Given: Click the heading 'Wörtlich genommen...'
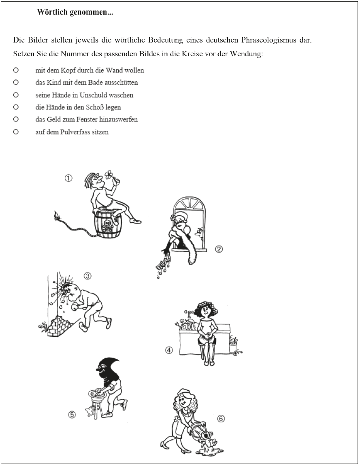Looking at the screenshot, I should pyautogui.click(x=75, y=13).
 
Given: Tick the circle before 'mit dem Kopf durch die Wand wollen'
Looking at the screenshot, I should pyautogui.click(x=16, y=70).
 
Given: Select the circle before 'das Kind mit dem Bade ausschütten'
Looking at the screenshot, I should pyautogui.click(x=16, y=82).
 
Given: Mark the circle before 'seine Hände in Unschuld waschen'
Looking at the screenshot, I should pyautogui.click(x=16, y=95).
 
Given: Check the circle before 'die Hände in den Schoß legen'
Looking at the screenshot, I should pyautogui.click(x=16, y=107).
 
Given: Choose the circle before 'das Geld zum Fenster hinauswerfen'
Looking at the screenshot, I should pyautogui.click(x=16, y=119).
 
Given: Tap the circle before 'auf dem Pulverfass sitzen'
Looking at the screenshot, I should pyautogui.click(x=16, y=132).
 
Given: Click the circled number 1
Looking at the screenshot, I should pyautogui.click(x=68, y=178).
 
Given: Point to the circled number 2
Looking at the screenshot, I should pyautogui.click(x=219, y=249).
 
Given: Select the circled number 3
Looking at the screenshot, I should pyautogui.click(x=87, y=276).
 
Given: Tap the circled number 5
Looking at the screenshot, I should pyautogui.click(x=72, y=415).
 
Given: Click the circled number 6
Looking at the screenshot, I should pyautogui.click(x=221, y=419).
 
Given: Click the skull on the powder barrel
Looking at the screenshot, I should pyautogui.click(x=108, y=224).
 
